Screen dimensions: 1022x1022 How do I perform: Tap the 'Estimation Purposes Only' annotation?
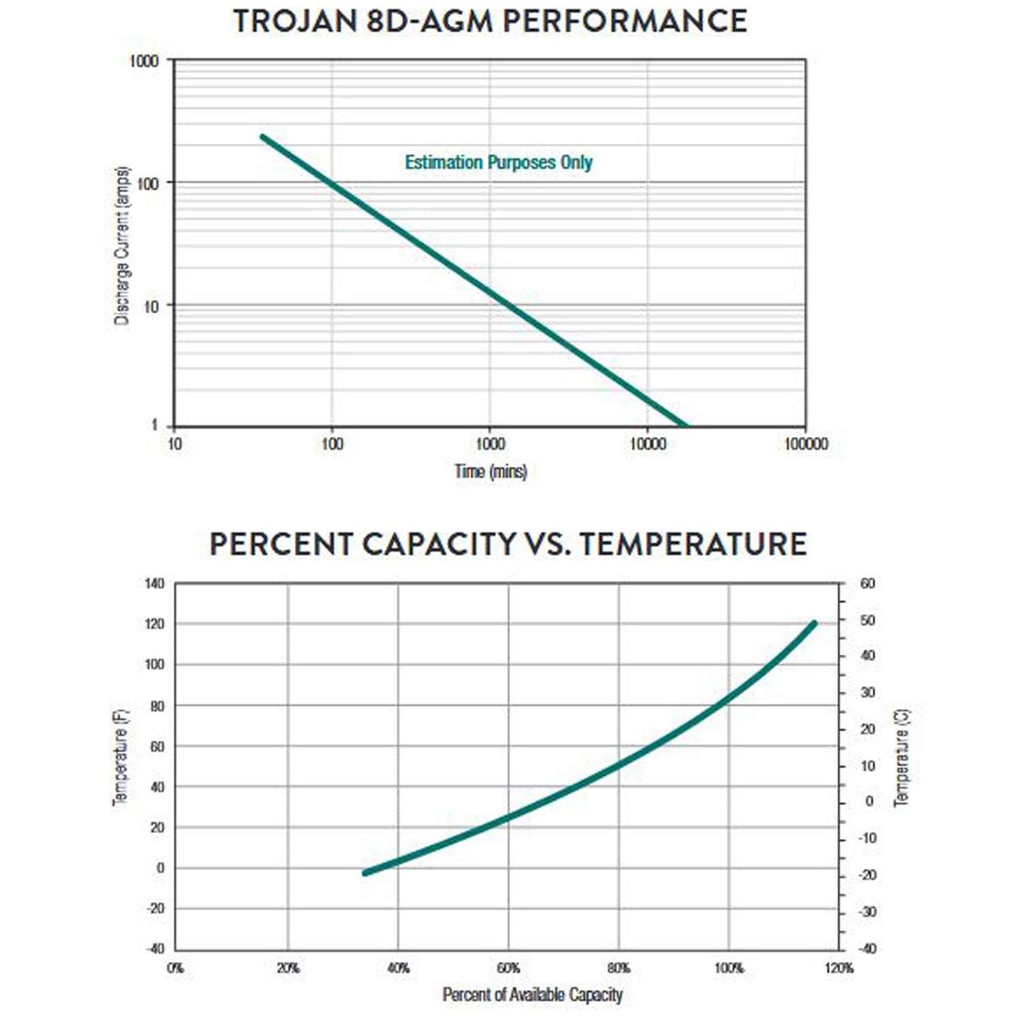coord(499,162)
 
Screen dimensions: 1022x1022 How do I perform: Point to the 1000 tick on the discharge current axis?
coord(144,61)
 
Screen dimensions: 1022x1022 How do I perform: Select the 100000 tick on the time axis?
coord(805,444)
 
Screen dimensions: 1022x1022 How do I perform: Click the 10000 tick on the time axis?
coord(647,444)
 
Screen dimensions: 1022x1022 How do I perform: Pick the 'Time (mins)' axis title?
coord(491,471)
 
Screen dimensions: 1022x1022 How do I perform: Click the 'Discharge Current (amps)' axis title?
coord(121,245)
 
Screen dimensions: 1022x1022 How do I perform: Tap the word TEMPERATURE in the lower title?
coord(694,544)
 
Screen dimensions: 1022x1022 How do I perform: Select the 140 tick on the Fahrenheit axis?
coord(155,584)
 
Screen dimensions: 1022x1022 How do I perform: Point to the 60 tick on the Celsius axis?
coord(867,584)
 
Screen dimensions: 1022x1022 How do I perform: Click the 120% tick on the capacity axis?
coord(839,968)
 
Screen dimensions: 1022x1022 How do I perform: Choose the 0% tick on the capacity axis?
coord(175,968)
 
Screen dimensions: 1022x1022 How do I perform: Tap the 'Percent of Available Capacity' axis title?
coord(532,995)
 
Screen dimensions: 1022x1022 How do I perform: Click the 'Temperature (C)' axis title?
coord(901,758)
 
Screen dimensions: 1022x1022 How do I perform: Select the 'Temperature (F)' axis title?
coord(121,758)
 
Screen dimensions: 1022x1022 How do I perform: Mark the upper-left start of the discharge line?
coord(262,137)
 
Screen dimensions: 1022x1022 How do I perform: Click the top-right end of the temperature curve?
coord(814,623)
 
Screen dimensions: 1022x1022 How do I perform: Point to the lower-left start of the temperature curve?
coord(365,873)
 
